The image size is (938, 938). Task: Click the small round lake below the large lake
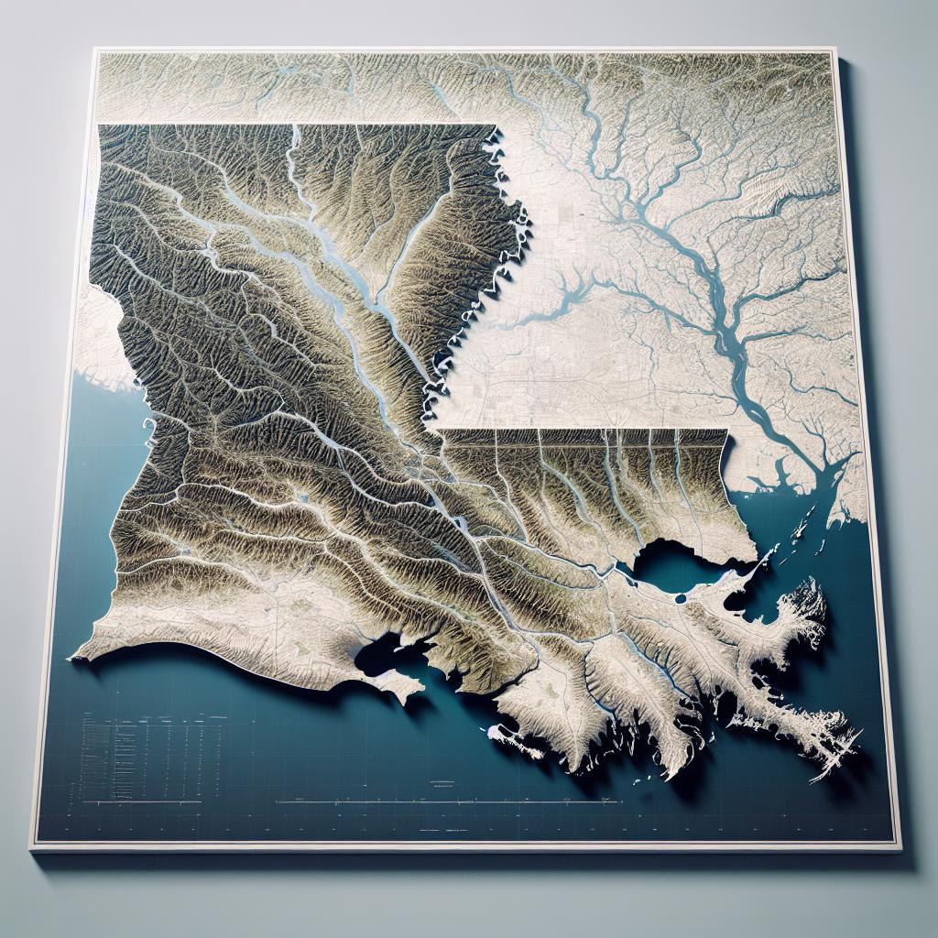(x=680, y=600)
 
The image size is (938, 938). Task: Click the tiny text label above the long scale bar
(x=443, y=783)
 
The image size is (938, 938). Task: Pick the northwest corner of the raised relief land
(x=98, y=125)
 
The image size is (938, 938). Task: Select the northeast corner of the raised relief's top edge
(x=496, y=126)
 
